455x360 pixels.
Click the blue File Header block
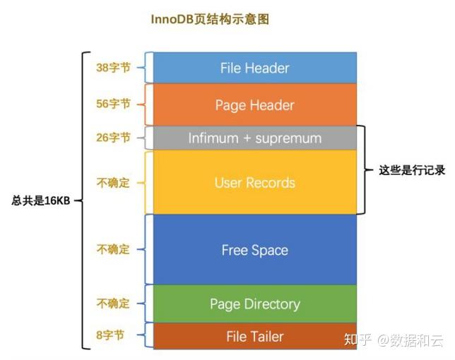click(254, 68)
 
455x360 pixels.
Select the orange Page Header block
click(254, 105)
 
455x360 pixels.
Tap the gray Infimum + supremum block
click(254, 138)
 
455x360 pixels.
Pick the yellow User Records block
click(254, 182)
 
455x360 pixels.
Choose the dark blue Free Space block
click(254, 250)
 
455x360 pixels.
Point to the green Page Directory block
click(254, 304)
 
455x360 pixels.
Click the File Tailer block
click(254, 336)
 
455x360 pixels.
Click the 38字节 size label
click(113, 68)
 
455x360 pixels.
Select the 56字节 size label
click(113, 104)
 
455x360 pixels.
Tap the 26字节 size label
click(113, 138)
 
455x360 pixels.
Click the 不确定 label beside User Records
click(113, 183)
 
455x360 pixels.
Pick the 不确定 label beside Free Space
click(113, 250)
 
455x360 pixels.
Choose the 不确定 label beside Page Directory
click(113, 304)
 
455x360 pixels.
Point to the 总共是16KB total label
click(42, 200)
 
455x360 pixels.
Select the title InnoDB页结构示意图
click(210, 20)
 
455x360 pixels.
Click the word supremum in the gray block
click(289, 138)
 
